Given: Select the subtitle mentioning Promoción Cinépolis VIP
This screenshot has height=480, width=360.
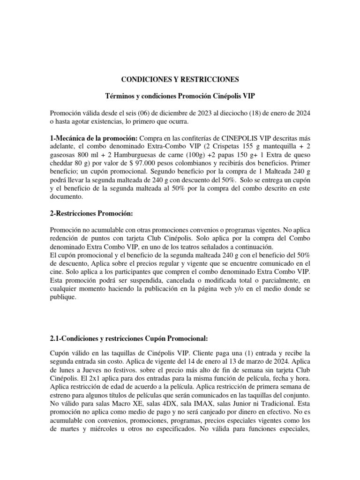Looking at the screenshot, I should (180, 96).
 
